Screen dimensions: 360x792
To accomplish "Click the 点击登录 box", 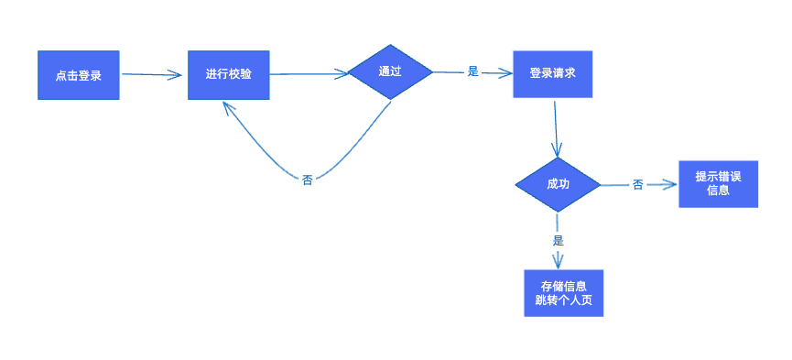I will (78, 75).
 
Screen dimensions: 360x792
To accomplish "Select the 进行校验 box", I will (228, 73).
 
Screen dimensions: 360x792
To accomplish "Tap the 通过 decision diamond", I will (390, 71).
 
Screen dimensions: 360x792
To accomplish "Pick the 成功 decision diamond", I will (558, 184).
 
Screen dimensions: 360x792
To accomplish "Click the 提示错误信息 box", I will (718, 183).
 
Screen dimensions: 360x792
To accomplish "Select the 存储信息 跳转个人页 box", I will (564, 292).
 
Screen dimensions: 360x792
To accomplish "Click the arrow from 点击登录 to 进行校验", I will (152, 75).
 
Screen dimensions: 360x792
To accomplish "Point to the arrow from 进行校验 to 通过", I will (309, 74).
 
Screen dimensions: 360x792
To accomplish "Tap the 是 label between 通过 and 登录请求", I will (473, 71).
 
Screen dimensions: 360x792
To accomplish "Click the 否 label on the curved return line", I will (307, 180).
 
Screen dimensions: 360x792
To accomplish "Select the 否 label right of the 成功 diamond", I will (637, 185).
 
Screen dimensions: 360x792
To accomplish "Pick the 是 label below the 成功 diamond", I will (558, 240).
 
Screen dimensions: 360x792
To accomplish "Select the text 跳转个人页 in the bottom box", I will (564, 300).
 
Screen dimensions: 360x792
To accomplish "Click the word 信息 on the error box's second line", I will (718, 191).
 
